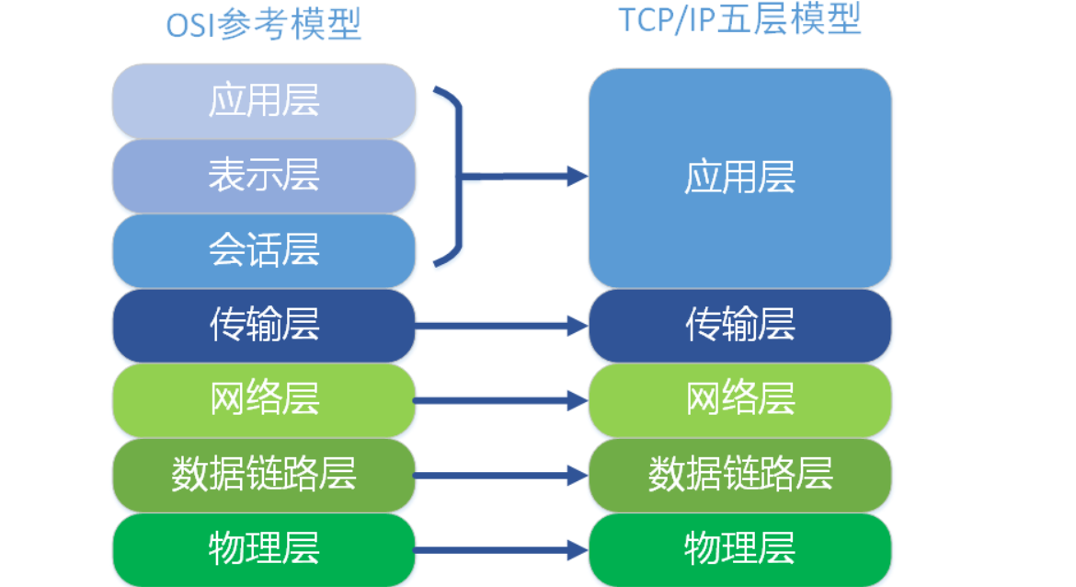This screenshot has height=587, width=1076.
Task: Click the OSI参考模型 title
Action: tap(263, 24)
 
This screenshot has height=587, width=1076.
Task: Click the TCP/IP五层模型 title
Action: tap(739, 20)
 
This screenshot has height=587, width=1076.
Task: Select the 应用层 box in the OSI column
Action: tap(264, 100)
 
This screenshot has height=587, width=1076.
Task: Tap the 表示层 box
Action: tap(264, 176)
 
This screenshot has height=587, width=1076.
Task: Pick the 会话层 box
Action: tap(264, 250)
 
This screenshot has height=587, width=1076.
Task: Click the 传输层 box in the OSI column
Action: tap(264, 325)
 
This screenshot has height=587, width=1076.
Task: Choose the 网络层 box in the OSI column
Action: tap(264, 400)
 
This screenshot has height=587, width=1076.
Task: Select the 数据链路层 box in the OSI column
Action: tap(264, 475)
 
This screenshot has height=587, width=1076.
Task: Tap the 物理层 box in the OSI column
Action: tap(264, 549)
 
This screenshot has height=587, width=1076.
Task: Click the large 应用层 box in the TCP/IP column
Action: tap(739, 178)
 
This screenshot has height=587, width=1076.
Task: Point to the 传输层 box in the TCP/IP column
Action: tap(739, 325)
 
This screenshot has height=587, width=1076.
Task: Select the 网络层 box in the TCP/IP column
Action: tap(739, 400)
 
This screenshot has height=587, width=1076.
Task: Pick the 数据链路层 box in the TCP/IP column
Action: tap(739, 475)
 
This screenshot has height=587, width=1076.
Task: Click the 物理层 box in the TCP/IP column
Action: tap(739, 549)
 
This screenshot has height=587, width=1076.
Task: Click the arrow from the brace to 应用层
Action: tap(524, 176)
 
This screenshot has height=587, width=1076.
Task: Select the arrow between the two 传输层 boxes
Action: tap(501, 325)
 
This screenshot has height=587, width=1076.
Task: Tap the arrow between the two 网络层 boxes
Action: tap(501, 400)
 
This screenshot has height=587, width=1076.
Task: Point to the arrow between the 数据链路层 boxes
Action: tap(501, 475)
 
